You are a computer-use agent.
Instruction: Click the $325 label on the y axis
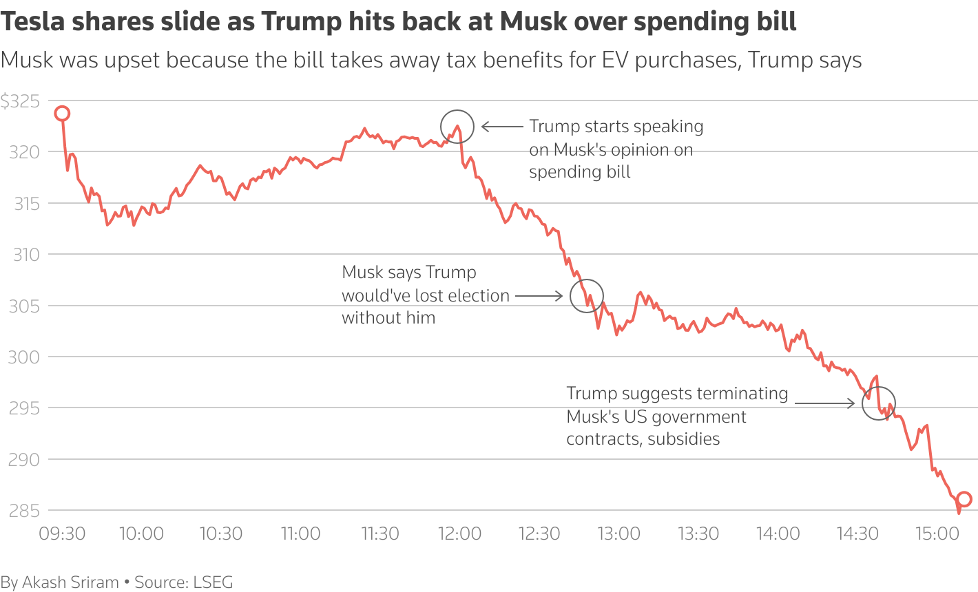(x=20, y=102)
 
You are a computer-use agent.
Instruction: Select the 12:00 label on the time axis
(x=459, y=533)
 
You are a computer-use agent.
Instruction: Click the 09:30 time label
(x=62, y=533)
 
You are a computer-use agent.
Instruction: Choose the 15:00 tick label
(x=937, y=533)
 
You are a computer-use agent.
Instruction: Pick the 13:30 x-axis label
(x=698, y=533)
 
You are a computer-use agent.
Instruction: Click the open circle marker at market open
(x=62, y=114)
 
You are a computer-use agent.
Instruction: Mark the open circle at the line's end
(x=964, y=500)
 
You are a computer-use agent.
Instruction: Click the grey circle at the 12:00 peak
(x=457, y=127)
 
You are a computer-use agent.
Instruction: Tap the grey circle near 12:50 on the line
(x=587, y=296)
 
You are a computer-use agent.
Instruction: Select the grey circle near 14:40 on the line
(x=879, y=403)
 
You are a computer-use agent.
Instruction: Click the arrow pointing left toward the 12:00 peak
(x=502, y=127)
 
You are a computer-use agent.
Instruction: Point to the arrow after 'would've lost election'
(x=539, y=296)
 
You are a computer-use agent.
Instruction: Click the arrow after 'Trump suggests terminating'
(x=824, y=403)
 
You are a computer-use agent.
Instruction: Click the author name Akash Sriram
(x=71, y=582)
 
